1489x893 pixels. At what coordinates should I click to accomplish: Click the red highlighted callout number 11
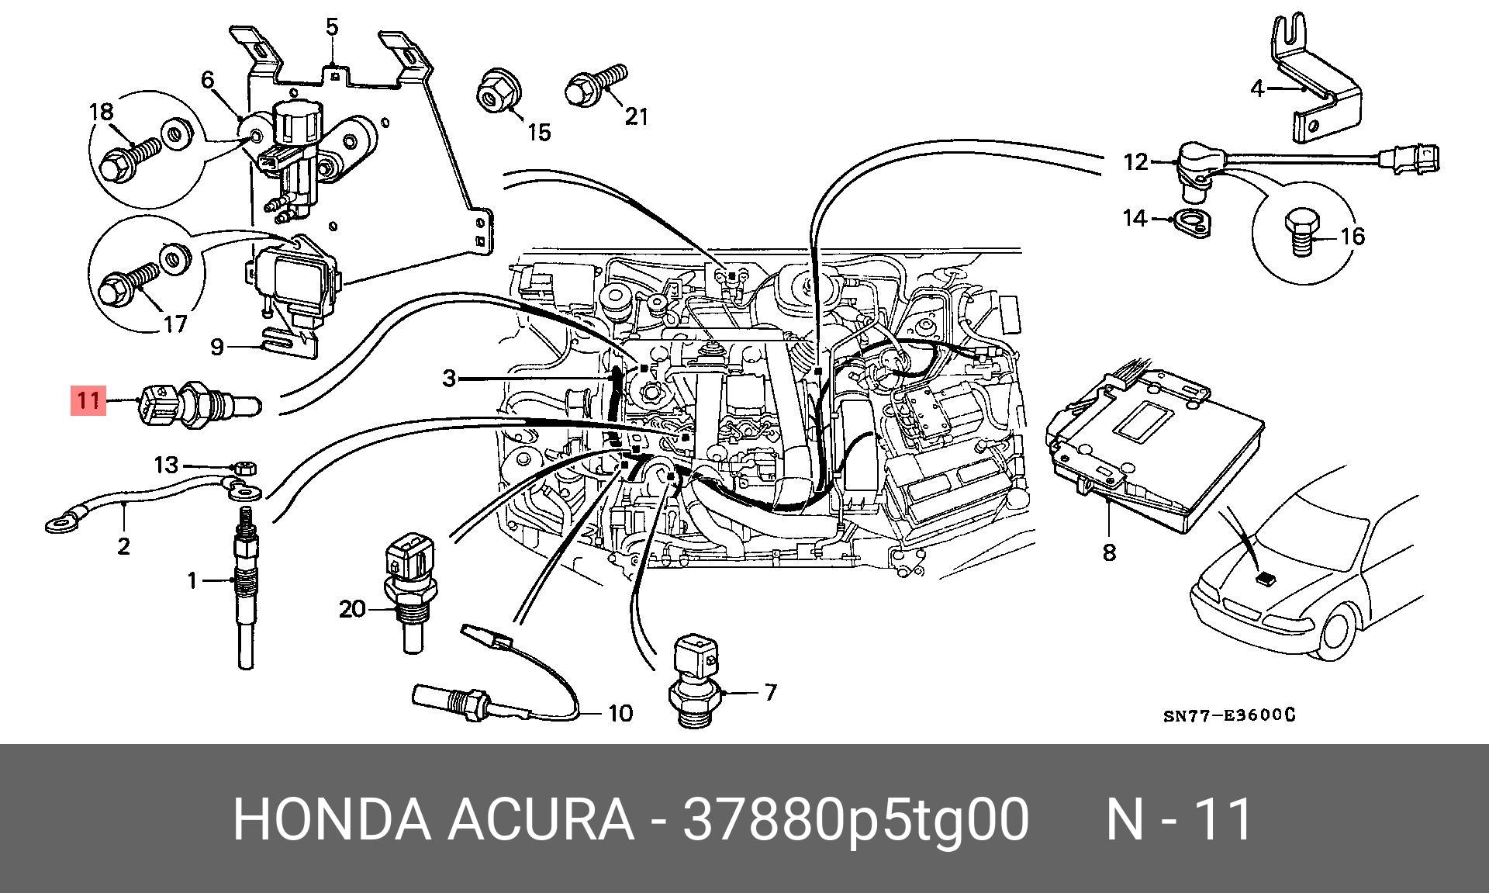[x=88, y=400]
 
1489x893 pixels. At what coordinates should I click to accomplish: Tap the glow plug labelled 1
[x=245, y=590]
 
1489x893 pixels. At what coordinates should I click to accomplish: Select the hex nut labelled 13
[x=243, y=468]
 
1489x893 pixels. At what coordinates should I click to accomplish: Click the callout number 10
[x=620, y=712]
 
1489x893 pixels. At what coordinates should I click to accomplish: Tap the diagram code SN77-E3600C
[x=1228, y=715]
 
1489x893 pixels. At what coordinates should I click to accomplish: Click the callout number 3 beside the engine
[x=449, y=379]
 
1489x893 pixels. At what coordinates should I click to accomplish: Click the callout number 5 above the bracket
[x=332, y=28]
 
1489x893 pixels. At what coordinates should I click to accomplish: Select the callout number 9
[x=217, y=346]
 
